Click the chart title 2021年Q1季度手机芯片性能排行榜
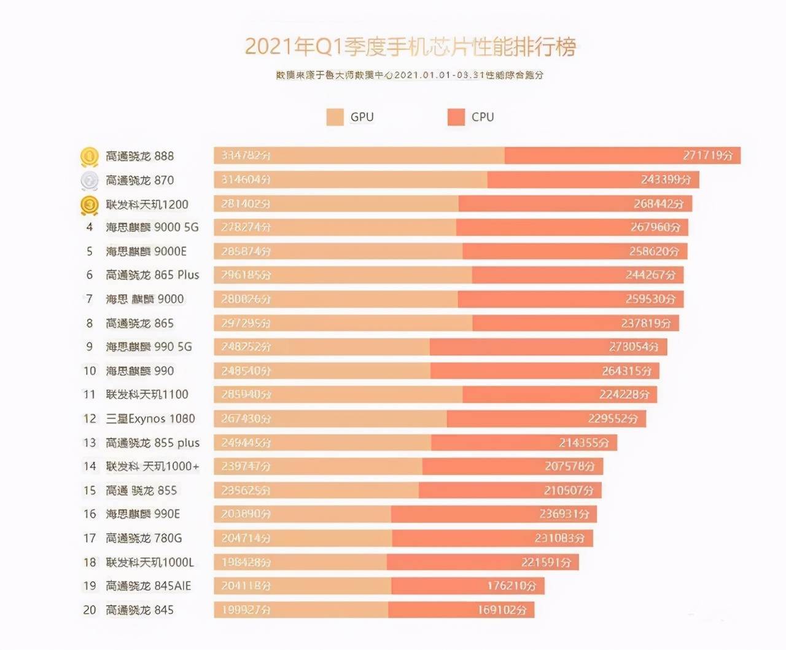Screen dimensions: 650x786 (410, 47)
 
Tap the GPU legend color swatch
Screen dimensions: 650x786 (335, 117)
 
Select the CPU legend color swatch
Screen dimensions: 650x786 (456, 117)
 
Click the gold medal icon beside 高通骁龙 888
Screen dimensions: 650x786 (90, 156)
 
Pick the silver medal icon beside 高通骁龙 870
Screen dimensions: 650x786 (90, 180)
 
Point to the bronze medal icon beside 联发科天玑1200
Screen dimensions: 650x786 (90, 204)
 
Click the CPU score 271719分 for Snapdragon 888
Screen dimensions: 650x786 (707, 155)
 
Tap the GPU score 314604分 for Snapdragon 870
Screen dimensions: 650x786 (246, 180)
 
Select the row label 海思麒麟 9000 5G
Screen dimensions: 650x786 (152, 227)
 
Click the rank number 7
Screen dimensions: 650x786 (90, 299)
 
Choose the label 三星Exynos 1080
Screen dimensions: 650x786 (150, 419)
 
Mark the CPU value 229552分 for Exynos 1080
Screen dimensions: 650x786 (613, 419)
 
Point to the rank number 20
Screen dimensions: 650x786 (90, 610)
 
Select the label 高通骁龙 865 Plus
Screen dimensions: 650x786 (152, 275)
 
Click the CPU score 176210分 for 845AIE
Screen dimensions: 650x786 (511, 586)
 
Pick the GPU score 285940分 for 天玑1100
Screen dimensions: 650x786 (246, 394)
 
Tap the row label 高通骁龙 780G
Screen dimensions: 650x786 (144, 538)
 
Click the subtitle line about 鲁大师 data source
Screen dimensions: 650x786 (410, 75)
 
